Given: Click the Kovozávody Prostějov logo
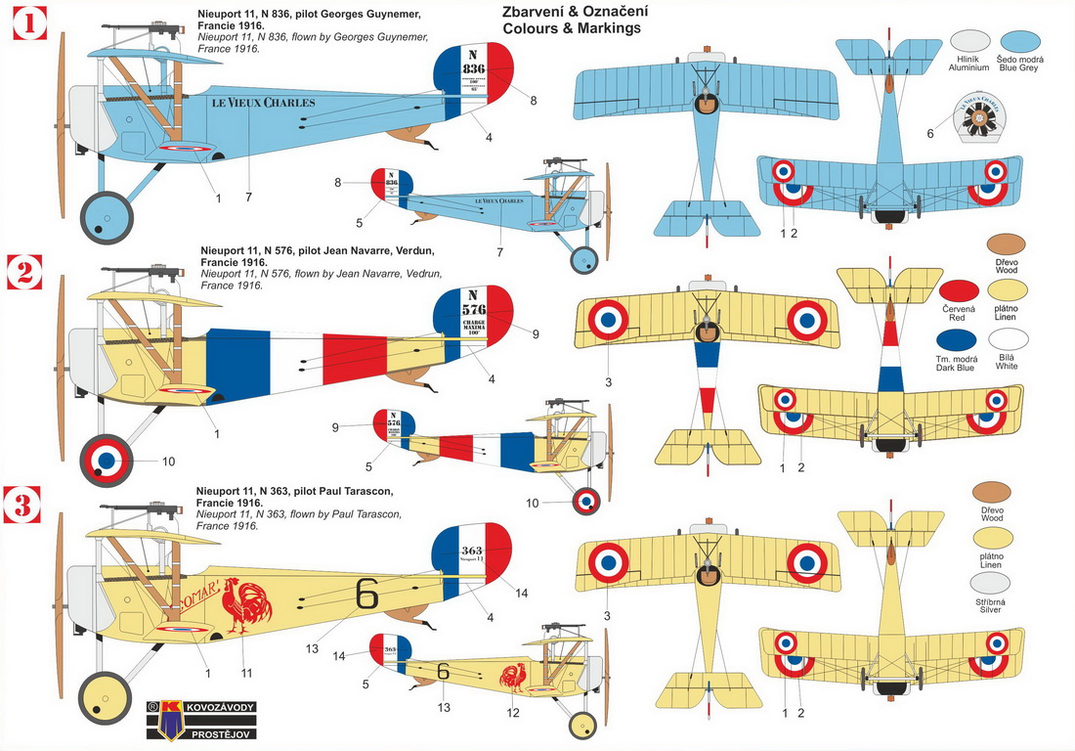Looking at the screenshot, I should (200, 720).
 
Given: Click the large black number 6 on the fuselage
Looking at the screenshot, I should (366, 594).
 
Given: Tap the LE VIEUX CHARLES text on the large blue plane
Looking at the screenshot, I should (263, 102).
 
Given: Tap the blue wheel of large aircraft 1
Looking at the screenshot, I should (106, 216).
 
